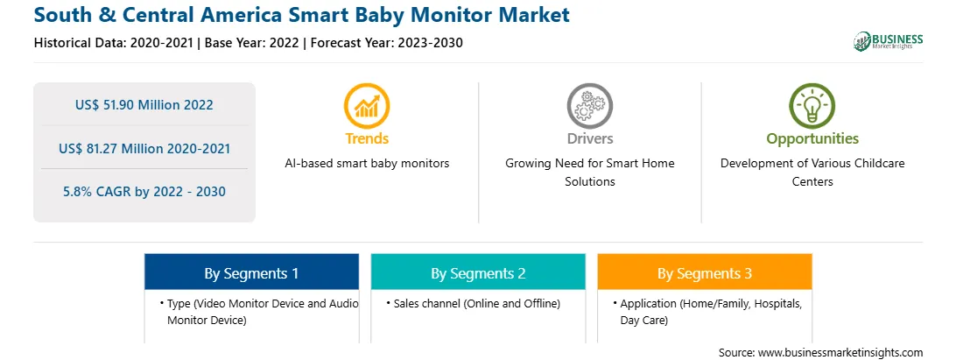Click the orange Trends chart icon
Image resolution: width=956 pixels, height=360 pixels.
click(x=367, y=106)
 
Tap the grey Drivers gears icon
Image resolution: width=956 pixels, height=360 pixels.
click(x=589, y=106)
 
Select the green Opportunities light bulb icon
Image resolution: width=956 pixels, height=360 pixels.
click(x=812, y=106)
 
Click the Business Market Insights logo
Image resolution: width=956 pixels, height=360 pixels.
click(x=889, y=41)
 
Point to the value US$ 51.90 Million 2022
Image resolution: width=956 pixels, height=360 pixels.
click(x=144, y=105)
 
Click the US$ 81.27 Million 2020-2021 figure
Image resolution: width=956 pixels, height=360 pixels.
click(x=144, y=148)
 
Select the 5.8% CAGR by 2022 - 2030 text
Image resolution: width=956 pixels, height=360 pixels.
click(x=144, y=192)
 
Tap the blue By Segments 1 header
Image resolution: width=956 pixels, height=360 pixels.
click(x=252, y=272)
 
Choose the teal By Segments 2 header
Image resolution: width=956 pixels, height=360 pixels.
click(x=478, y=272)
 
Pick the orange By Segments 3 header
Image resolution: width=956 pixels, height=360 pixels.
click(x=705, y=272)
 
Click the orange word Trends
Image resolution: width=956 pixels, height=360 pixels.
click(x=367, y=138)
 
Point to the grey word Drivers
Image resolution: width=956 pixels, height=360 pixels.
click(x=590, y=138)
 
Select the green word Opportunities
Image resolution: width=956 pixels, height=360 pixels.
click(x=812, y=139)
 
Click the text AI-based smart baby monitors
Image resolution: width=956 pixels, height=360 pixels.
click(x=367, y=164)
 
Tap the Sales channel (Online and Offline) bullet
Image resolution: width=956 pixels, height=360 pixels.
click(x=473, y=303)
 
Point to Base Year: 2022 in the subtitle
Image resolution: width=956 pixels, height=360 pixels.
click(x=252, y=43)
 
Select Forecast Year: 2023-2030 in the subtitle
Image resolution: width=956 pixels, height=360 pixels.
click(x=383, y=43)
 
